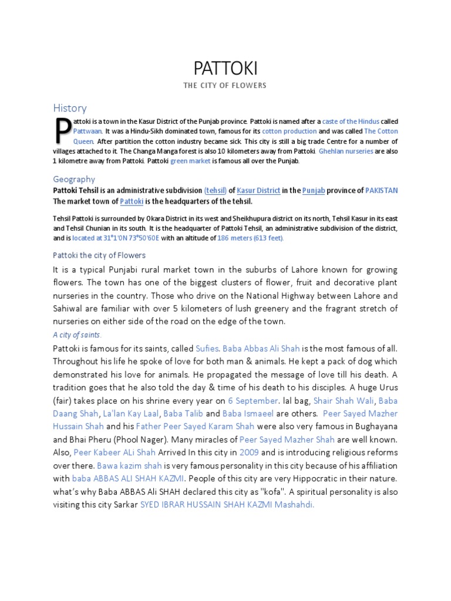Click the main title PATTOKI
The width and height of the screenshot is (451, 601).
pos(225,69)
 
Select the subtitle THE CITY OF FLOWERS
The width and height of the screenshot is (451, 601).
pos(225,86)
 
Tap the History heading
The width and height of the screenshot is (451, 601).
pos(70,108)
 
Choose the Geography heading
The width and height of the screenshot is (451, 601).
pos(74,179)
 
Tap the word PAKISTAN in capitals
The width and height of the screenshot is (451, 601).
pos(381,191)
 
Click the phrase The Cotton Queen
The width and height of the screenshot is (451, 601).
pos(381,131)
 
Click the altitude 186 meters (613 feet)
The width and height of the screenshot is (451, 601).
pos(251,238)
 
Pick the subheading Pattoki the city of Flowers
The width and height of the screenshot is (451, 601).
pos(99,255)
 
